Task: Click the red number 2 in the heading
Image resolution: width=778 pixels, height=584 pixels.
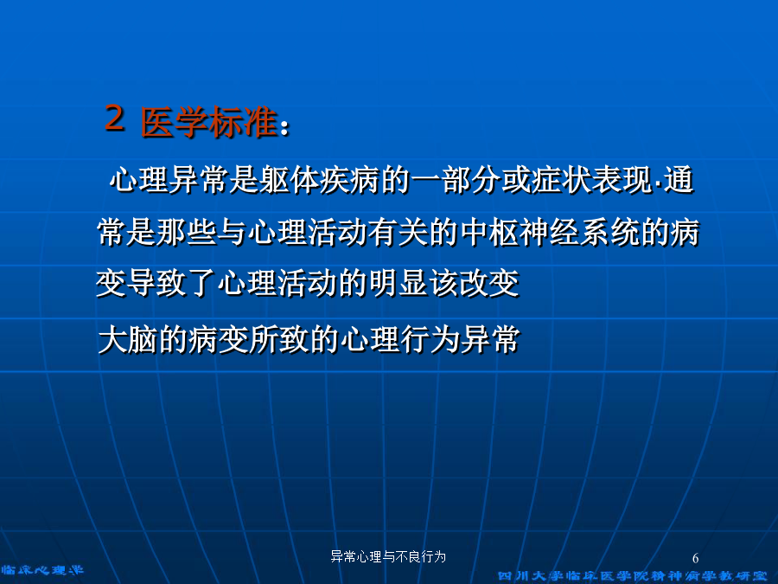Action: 115,119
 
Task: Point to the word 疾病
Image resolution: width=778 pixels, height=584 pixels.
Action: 350,180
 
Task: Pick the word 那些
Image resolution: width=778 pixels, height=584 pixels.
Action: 187,232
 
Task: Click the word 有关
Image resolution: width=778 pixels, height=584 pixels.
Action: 399,232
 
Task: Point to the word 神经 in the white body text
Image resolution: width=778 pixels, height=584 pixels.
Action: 550,232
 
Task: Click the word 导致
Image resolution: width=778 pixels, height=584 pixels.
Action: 156,284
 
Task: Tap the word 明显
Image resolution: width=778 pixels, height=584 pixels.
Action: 399,284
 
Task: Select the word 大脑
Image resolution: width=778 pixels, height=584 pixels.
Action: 128,340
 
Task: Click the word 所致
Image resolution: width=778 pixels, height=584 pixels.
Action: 279,340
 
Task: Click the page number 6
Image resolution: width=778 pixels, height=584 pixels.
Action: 696,558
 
